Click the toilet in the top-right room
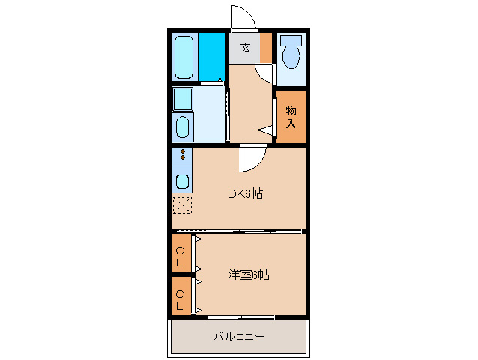pos(291,54)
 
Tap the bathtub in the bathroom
pos(185,55)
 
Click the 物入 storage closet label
pos(291,116)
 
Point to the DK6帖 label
pos(245,193)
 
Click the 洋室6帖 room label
pos(249,274)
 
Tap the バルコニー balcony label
pos(239,337)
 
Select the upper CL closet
pos(180,256)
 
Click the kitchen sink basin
pos(182,181)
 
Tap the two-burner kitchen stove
pos(182,155)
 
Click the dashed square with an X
pos(182,205)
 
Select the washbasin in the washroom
pos(183,127)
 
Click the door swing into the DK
pos(252,159)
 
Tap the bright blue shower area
pos(212,55)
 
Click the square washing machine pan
pos(183,98)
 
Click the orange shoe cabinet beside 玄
pos(266,48)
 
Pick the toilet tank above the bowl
pos(291,39)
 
